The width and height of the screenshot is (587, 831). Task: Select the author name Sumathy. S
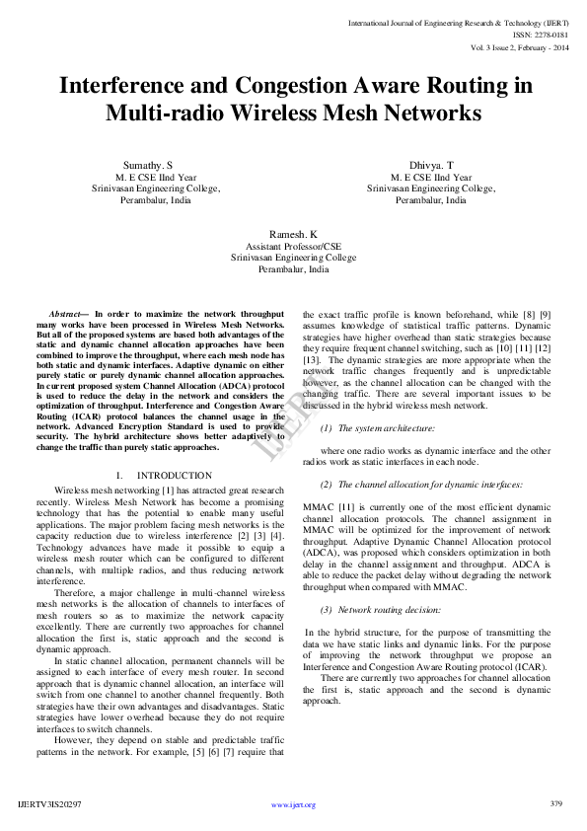pos(148,164)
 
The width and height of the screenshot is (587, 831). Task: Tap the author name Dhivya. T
pos(431,164)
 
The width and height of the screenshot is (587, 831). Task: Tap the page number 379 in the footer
pos(555,803)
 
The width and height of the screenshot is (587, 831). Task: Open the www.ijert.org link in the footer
pos(293,804)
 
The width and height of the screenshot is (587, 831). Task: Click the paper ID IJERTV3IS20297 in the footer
pos(50,804)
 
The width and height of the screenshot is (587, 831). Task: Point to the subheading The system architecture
pos(386,428)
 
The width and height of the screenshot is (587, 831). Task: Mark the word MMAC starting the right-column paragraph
pos(319,506)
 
